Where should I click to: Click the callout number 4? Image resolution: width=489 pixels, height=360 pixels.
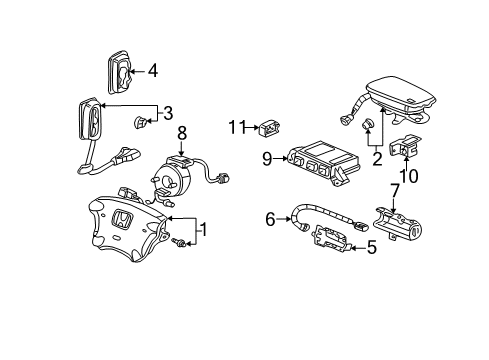[x=153, y=71]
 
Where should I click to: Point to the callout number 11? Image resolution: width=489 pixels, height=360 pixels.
[x=236, y=127]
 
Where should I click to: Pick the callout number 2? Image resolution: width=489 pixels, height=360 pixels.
[x=376, y=157]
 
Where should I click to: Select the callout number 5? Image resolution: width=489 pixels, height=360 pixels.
[x=371, y=247]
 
